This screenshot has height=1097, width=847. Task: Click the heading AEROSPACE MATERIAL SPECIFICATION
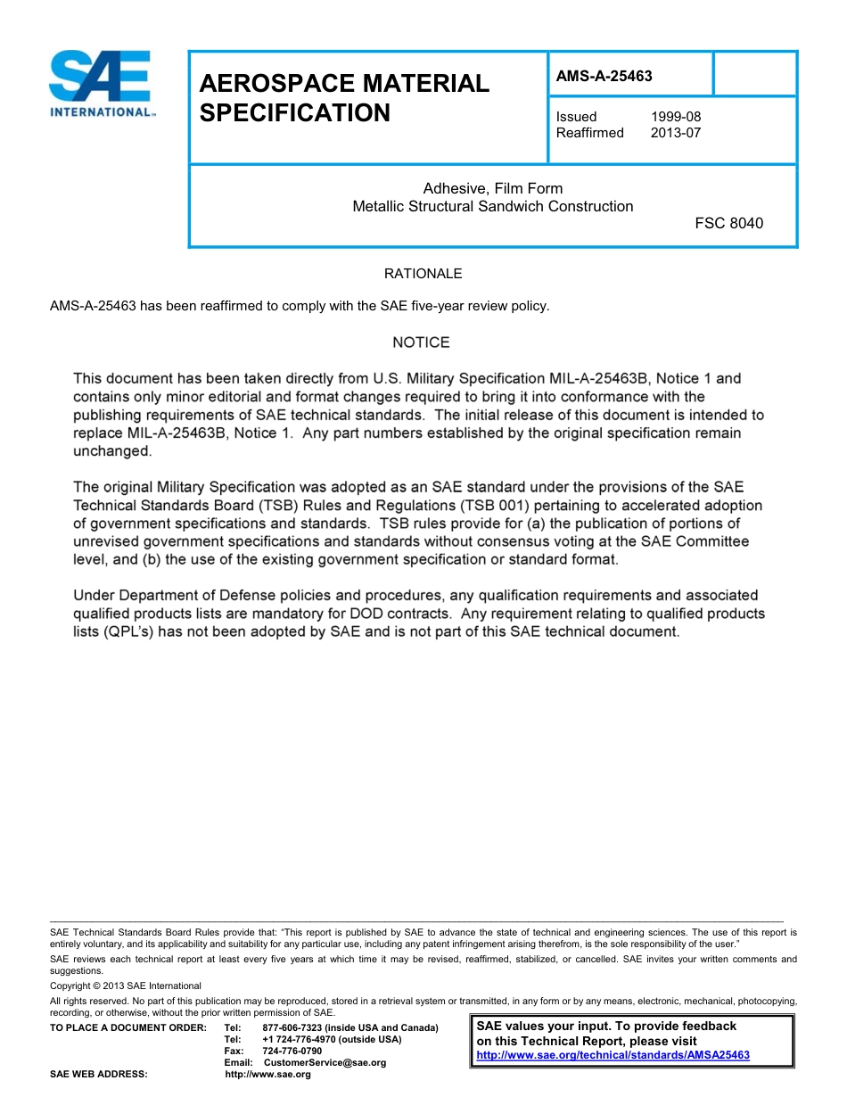[343, 98]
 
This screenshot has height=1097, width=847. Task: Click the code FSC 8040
[728, 223]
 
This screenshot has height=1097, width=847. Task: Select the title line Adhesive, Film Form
[492, 188]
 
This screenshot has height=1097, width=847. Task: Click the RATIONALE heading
[423, 274]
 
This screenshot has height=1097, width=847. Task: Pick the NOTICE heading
[421, 342]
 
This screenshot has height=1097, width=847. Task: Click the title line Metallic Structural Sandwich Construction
[492, 206]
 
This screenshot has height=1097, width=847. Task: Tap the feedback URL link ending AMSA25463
[613, 1054]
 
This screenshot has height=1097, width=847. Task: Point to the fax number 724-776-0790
[292, 1051]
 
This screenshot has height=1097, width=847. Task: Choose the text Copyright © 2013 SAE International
[126, 986]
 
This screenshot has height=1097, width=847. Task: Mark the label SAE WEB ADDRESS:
[99, 1074]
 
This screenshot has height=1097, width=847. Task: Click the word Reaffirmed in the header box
[589, 133]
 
